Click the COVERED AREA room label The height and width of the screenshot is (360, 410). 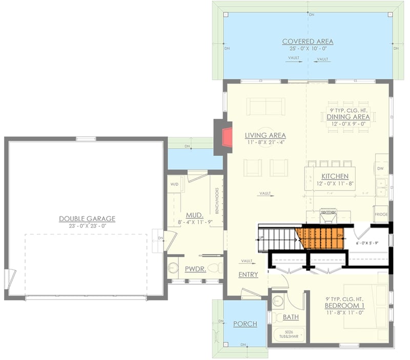307,41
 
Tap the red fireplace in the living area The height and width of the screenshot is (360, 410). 227,137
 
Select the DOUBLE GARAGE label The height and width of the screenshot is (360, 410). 87,219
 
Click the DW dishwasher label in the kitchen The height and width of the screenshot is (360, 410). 380,168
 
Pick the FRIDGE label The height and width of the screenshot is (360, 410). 381,215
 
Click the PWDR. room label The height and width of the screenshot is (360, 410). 195,268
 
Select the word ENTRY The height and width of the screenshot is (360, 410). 248,275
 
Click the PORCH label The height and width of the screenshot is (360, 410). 245,324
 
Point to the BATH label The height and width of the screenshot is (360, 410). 291,317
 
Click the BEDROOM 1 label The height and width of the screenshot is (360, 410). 344,306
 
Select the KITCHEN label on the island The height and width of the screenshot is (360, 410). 335,176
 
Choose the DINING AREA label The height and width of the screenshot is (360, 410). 348,117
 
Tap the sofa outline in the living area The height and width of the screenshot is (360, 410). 265,107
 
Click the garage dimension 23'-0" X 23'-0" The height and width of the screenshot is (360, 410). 87,226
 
